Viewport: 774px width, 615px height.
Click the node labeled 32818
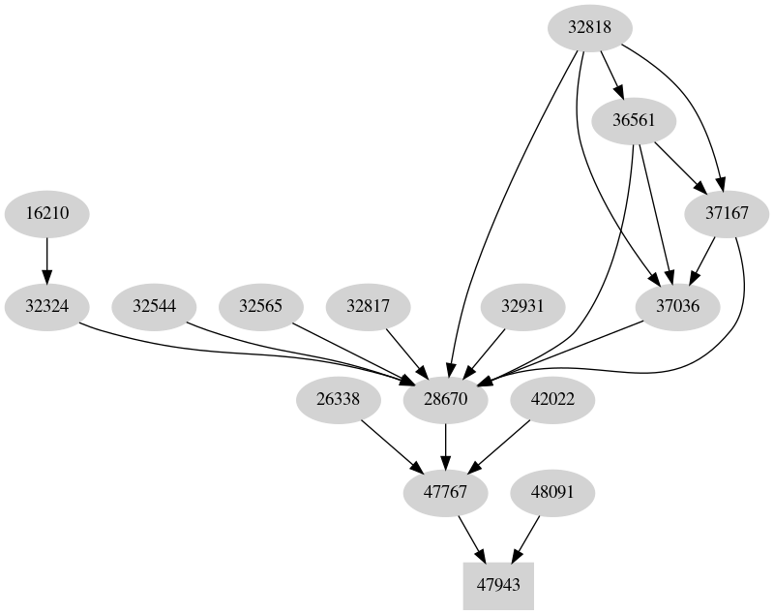coord(589,28)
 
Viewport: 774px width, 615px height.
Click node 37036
coord(680,307)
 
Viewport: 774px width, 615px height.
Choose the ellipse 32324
coord(46,307)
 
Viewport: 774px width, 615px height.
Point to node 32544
coord(154,307)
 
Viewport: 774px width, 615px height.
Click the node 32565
coord(261,307)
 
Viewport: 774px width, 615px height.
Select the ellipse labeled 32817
coord(369,307)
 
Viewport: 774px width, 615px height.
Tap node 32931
coord(523,307)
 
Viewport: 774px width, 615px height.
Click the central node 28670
coord(445,400)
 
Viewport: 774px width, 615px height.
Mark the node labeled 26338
coord(338,400)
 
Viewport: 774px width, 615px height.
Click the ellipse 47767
coord(445,493)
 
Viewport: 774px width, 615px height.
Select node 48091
coord(552,493)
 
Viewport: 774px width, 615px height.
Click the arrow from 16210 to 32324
coord(46,260)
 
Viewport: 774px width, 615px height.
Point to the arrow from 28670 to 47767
coord(445,446)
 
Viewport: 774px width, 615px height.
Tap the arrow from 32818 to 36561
coord(610,74)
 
